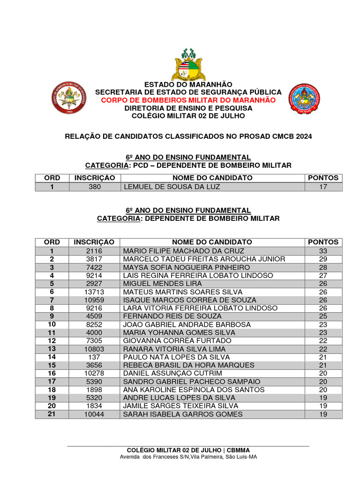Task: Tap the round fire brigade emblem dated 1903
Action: click(x=69, y=98)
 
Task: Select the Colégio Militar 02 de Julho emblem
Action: click(x=304, y=99)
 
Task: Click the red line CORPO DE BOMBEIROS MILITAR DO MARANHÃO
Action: click(x=188, y=100)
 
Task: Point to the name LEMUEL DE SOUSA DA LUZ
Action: click(x=171, y=187)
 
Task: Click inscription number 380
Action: click(x=94, y=187)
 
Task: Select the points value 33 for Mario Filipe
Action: click(x=322, y=251)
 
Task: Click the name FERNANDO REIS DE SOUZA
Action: click(x=172, y=316)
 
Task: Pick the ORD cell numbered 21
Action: click(x=52, y=414)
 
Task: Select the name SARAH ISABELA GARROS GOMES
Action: click(x=183, y=414)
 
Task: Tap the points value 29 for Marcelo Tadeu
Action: click(x=322, y=259)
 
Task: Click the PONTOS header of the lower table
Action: click(x=323, y=242)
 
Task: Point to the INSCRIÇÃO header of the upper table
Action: click(x=94, y=178)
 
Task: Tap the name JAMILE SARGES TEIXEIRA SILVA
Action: click(x=180, y=406)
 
